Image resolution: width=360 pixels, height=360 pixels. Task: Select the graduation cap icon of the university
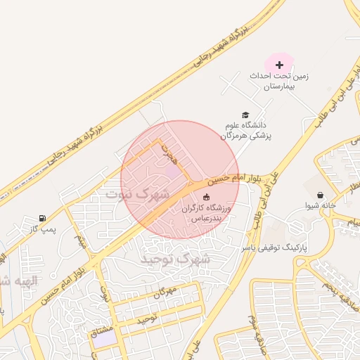[x=245, y=115]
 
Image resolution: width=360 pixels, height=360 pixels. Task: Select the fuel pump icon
[x=44, y=218]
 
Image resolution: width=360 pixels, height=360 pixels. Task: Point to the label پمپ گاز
[x=43, y=229]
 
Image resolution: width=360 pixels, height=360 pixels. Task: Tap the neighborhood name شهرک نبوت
[x=138, y=193]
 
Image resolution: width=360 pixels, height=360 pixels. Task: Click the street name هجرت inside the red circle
[x=167, y=150]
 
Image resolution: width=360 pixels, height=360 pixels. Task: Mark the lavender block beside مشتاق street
[x=104, y=337]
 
